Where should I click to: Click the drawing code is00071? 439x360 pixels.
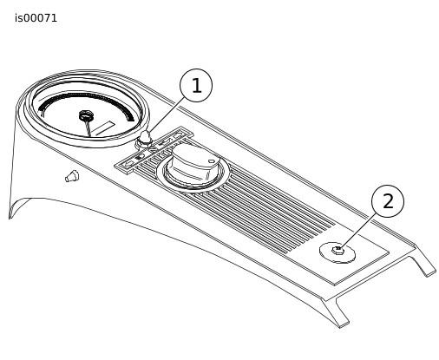(x=36, y=18)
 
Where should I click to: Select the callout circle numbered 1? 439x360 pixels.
(x=196, y=85)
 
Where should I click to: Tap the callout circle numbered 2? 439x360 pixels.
(x=388, y=201)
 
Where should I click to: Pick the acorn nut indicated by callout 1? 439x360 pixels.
(x=144, y=139)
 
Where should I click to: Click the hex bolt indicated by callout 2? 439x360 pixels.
(x=337, y=250)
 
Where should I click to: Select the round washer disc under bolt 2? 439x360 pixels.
(x=337, y=252)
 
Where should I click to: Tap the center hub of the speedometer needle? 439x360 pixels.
(x=86, y=115)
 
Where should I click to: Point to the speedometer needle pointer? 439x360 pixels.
(x=88, y=128)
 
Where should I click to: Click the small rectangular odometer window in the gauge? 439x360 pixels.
(x=103, y=128)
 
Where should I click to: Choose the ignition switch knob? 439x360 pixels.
(x=193, y=164)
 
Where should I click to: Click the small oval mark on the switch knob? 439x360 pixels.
(x=212, y=161)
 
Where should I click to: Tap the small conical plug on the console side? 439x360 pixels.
(x=72, y=176)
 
